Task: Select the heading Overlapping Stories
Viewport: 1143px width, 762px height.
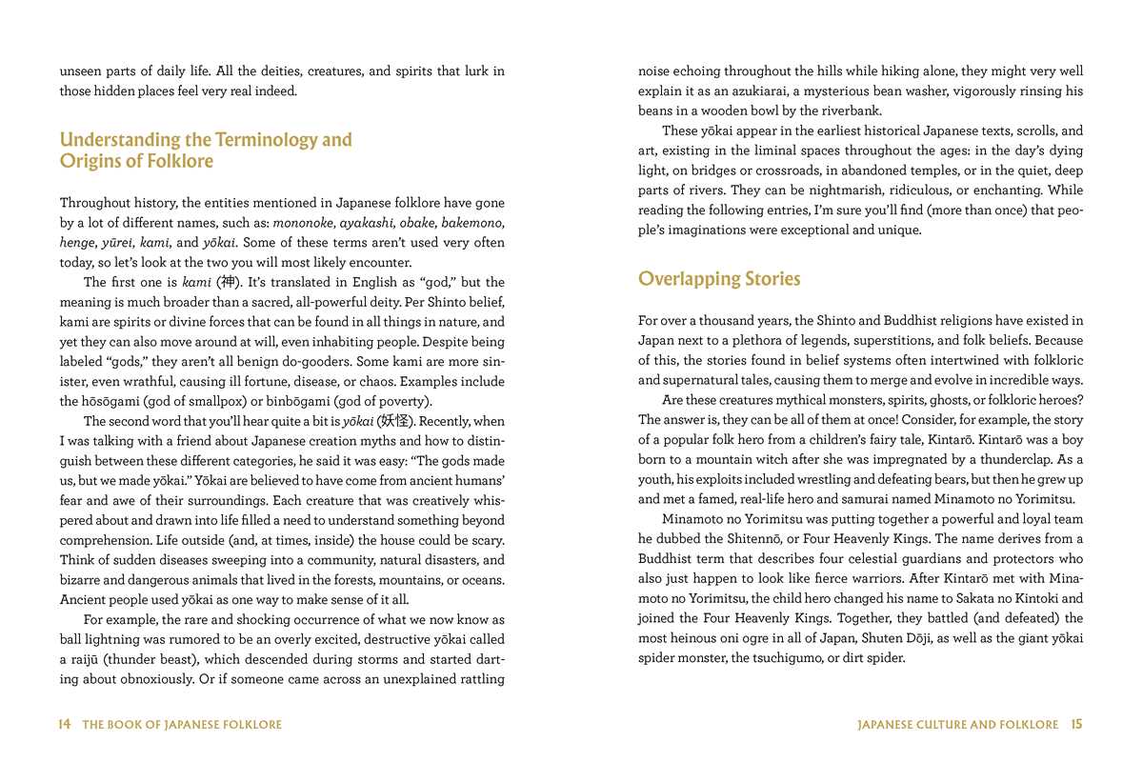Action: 719,279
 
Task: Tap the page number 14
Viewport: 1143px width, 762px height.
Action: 65,725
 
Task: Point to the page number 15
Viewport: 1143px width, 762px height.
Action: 1076,725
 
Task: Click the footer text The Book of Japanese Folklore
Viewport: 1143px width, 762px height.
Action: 182,725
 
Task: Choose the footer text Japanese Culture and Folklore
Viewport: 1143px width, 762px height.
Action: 957,725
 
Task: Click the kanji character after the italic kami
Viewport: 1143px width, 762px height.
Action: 226,283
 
